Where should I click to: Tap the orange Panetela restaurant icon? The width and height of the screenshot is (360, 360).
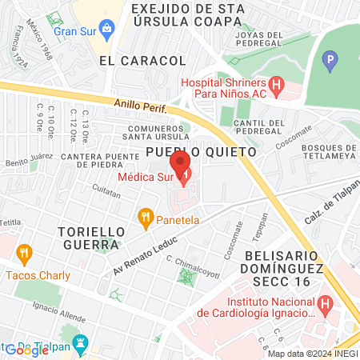pos(145,215)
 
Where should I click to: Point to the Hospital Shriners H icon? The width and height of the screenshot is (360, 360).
pos(276,83)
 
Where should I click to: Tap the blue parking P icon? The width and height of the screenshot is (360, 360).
pos(331,59)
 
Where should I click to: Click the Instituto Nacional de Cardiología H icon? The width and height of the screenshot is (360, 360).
pos(325,305)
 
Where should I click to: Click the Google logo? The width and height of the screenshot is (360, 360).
pos(26,350)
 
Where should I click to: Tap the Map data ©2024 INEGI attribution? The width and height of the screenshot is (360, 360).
pos(312,354)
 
